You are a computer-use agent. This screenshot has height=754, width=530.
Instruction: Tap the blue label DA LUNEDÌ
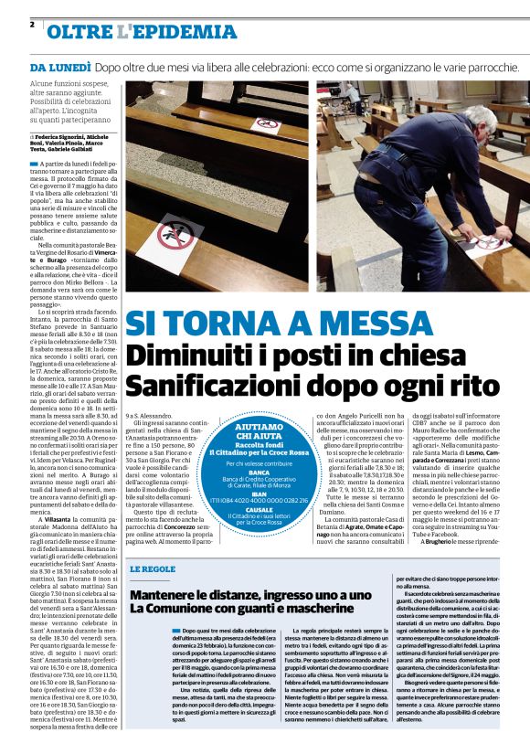coord(58,69)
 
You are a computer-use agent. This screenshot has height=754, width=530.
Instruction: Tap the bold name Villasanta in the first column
coord(63,518)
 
